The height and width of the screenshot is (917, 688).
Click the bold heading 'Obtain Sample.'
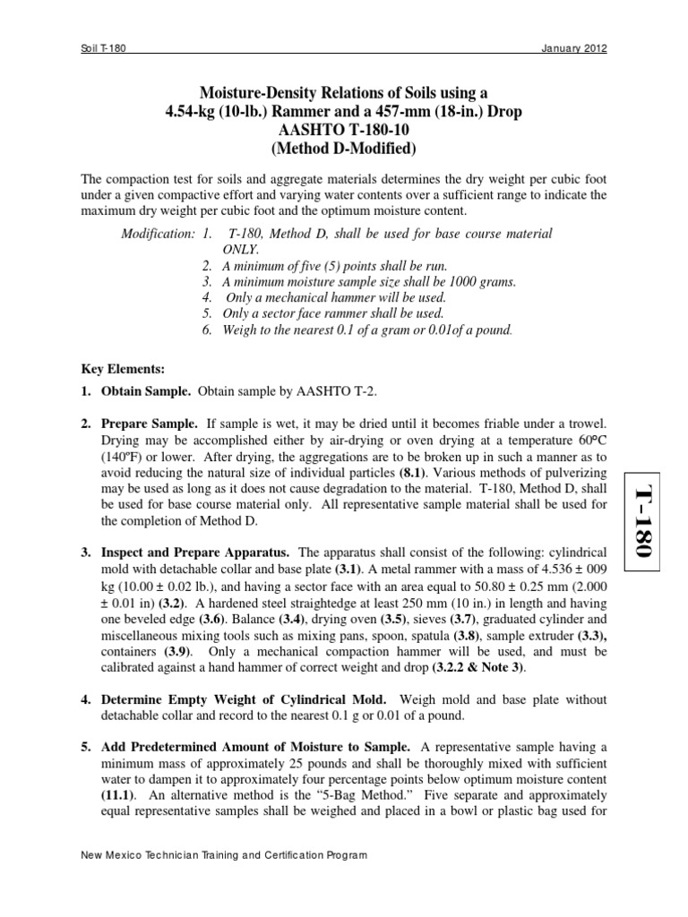coord(142,392)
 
